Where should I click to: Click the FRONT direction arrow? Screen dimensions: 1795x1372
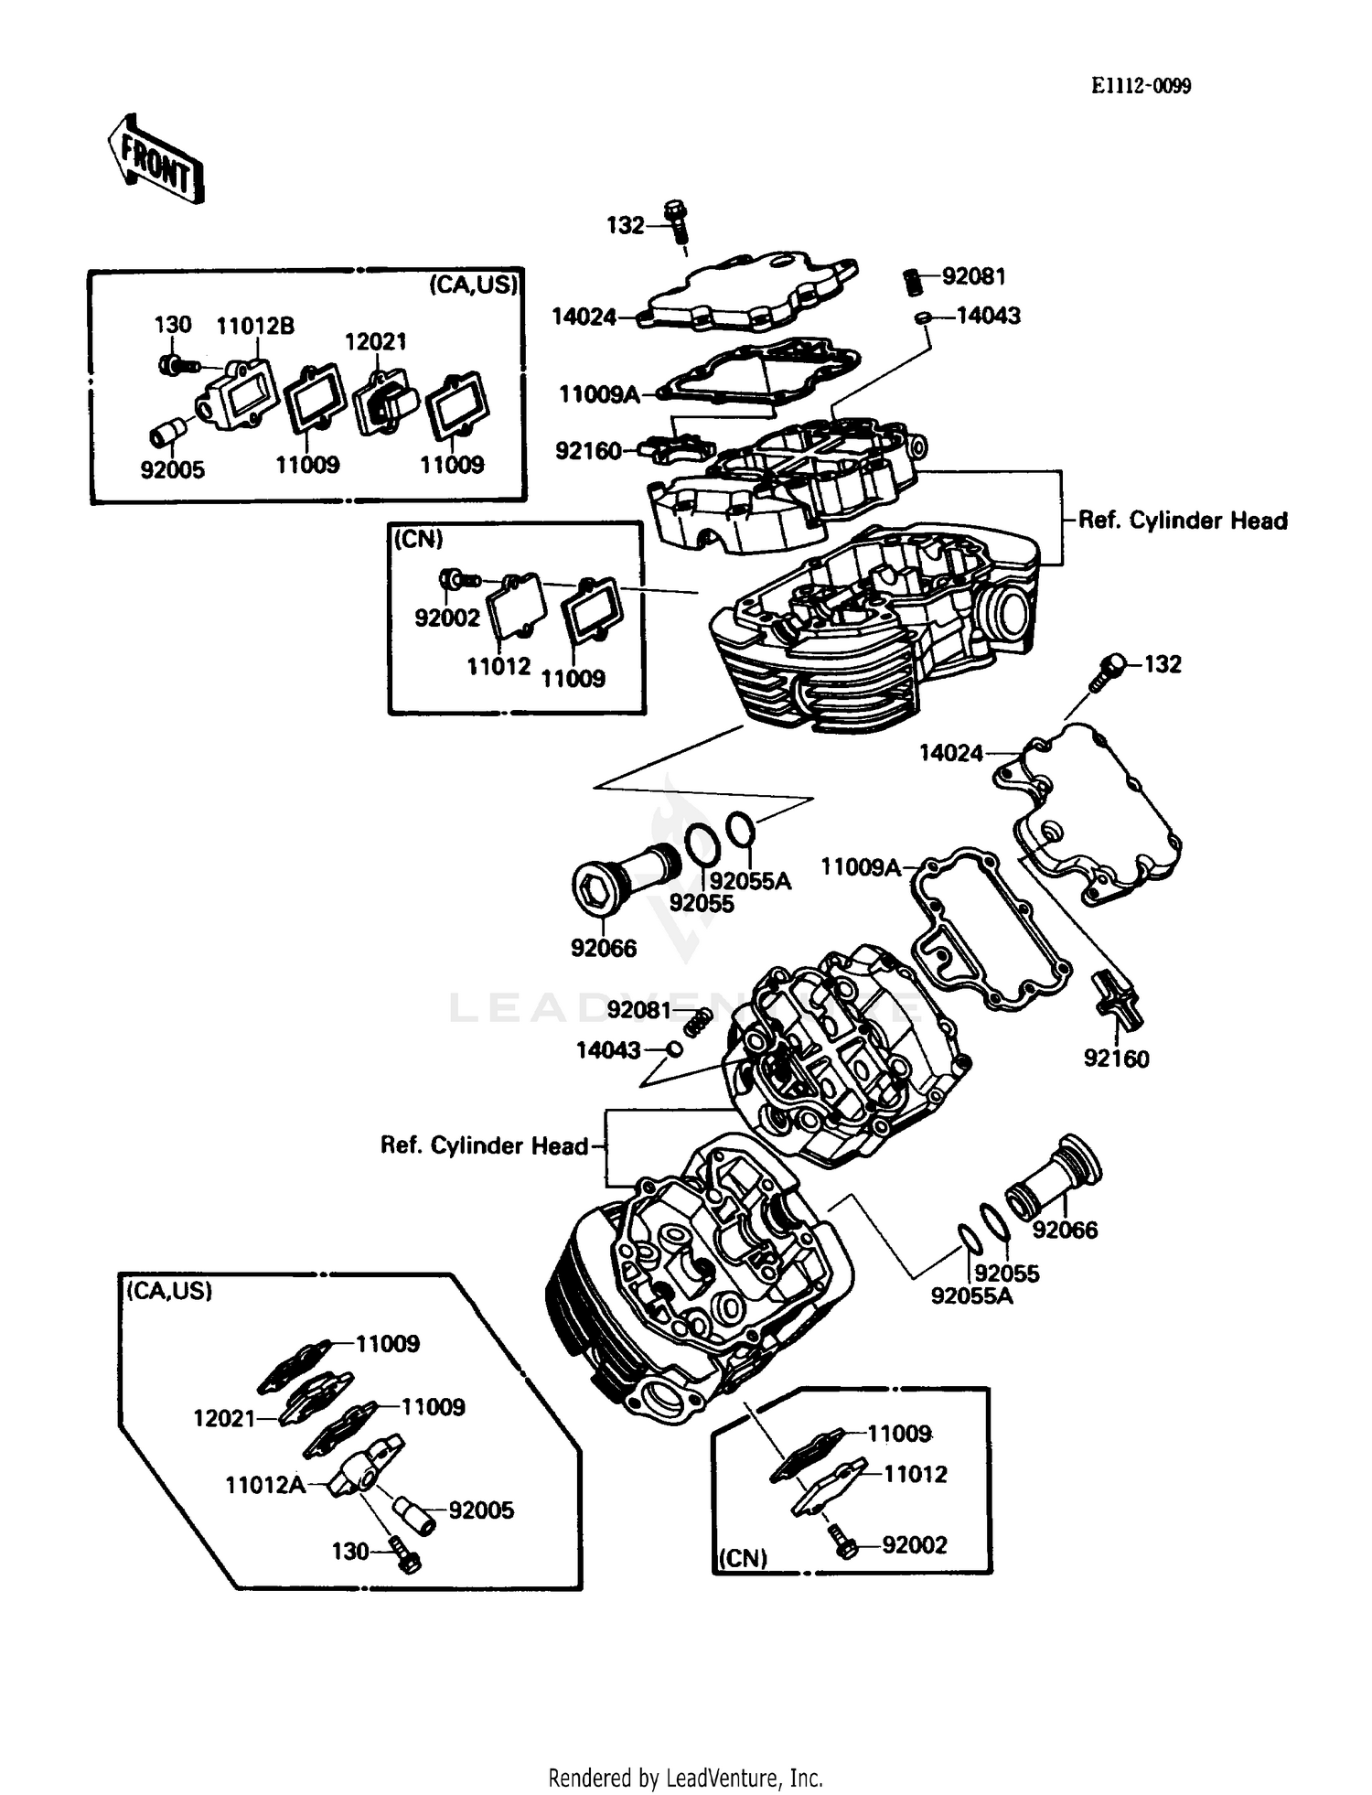[x=155, y=159]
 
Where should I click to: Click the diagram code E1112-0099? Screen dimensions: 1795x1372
[x=1141, y=86]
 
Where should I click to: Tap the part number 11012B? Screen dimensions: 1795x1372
[x=255, y=326]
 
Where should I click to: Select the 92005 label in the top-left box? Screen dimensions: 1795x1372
[x=172, y=470]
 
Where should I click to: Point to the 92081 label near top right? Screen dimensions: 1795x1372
[x=973, y=276]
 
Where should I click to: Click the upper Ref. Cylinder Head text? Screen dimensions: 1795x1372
[x=1182, y=521]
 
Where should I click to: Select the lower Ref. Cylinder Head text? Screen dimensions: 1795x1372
[x=484, y=1145]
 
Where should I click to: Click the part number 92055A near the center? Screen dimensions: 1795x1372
[x=750, y=881]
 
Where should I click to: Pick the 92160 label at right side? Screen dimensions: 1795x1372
[x=1116, y=1059]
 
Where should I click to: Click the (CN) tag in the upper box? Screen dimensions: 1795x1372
[x=418, y=540]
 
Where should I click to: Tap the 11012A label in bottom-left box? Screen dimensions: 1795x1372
[x=265, y=1484]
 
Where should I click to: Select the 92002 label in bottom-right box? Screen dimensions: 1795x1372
[x=914, y=1544]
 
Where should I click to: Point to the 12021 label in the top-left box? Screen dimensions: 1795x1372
[x=375, y=342]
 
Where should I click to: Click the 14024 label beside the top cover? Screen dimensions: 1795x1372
[x=584, y=317]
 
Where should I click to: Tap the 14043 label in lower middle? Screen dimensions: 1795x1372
[x=607, y=1050]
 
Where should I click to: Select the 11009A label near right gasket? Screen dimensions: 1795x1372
[x=860, y=866]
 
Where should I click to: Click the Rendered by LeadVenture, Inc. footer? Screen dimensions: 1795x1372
[x=685, y=1778]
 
